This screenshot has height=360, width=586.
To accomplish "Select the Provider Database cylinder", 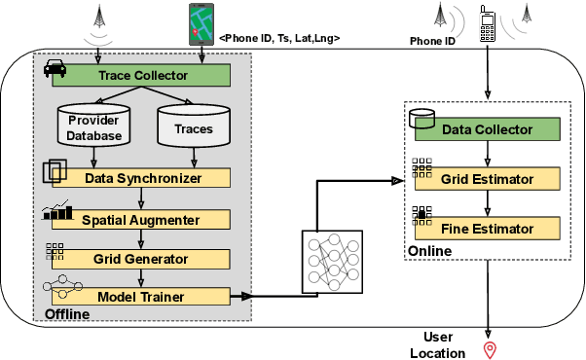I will coord(94,126).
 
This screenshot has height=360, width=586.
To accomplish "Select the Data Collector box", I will coord(488,128).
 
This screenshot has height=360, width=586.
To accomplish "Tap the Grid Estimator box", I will coord(488,179).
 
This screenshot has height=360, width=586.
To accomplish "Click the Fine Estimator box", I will coord(488,230).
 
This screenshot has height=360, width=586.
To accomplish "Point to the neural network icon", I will coord(333,257).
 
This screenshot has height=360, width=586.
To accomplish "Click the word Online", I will coord(429,251).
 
